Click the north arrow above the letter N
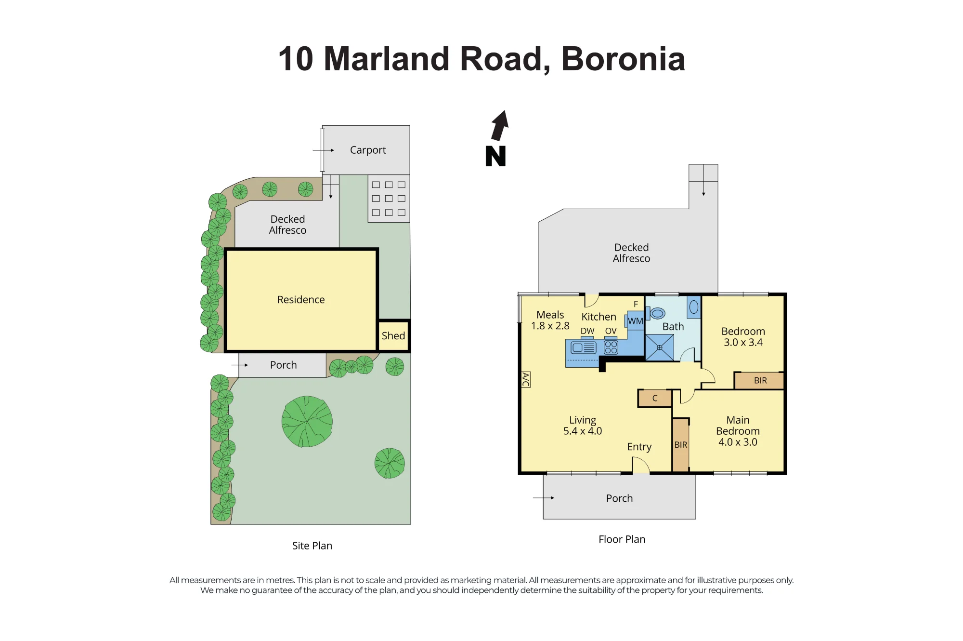[500, 126]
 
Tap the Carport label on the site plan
[368, 150]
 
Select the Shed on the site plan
[393, 335]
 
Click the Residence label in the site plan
[301, 300]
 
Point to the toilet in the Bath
[656, 313]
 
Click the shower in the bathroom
[660, 347]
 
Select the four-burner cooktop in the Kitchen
[611, 347]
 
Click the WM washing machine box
[636, 320]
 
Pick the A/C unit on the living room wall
[526, 379]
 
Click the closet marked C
[655, 398]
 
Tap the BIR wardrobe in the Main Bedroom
[681, 445]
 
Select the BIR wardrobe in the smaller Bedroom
[760, 380]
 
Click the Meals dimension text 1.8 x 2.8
[550, 326]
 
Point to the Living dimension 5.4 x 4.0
[583, 431]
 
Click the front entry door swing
[641, 465]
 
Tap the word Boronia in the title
[623, 59]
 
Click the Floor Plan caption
[622, 539]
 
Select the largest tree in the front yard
[307, 421]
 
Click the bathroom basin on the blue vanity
[694, 307]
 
